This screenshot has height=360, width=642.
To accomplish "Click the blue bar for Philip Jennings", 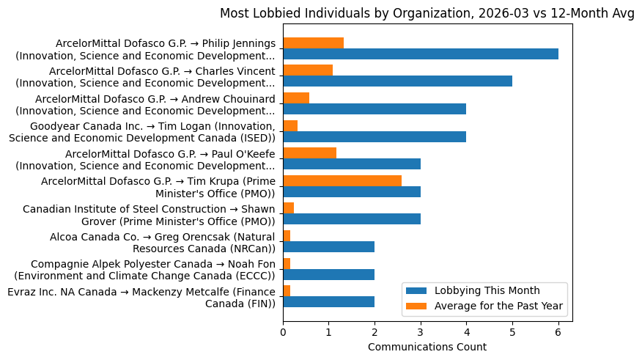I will tap(421, 54).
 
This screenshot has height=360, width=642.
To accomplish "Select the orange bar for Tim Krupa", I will tap(342, 180).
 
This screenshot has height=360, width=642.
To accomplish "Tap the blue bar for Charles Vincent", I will tap(397, 81).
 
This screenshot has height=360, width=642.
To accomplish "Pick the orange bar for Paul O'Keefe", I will tap(309, 153).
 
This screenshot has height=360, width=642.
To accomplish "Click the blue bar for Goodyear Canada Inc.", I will tap(374, 136).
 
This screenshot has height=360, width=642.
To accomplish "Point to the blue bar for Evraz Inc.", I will tap(328, 301).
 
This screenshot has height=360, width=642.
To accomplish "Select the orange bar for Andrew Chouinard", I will tap(296, 98).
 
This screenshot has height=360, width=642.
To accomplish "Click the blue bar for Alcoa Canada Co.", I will tap(328, 246).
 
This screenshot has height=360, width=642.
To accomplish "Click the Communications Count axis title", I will tap(427, 347).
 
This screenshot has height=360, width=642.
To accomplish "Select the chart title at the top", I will tap(427, 14).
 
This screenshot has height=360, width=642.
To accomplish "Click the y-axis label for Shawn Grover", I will tap(149, 215).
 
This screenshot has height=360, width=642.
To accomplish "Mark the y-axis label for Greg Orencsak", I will tap(162, 243).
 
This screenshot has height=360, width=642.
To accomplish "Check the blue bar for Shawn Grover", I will tap(352, 218).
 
